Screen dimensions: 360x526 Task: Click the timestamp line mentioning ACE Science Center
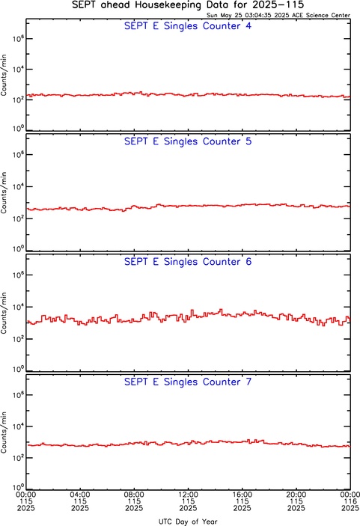278,15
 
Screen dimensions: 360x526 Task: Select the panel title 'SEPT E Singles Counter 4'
188,26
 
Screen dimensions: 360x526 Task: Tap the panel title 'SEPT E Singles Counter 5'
188,141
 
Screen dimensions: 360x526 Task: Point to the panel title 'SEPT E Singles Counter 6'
188,262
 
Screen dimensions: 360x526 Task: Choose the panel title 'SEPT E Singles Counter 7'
188,382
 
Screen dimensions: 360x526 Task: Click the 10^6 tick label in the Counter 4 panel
18,39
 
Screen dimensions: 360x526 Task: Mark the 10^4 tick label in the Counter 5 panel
18,186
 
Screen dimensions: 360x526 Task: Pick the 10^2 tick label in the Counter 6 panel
18,338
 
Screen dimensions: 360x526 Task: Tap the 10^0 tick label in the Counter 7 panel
18,487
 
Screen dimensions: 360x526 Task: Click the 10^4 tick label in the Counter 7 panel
18,426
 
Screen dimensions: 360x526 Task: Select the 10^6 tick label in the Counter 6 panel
18,275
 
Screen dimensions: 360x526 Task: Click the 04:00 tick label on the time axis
80,495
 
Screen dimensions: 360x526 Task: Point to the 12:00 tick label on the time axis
188,495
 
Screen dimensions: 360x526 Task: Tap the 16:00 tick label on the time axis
242,495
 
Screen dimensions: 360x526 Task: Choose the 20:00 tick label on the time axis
296,495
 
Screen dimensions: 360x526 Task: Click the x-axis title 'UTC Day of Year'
188,522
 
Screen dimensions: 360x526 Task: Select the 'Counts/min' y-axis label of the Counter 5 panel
4,192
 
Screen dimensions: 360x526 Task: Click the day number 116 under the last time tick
350,501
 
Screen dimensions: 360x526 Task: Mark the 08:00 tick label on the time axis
134,495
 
